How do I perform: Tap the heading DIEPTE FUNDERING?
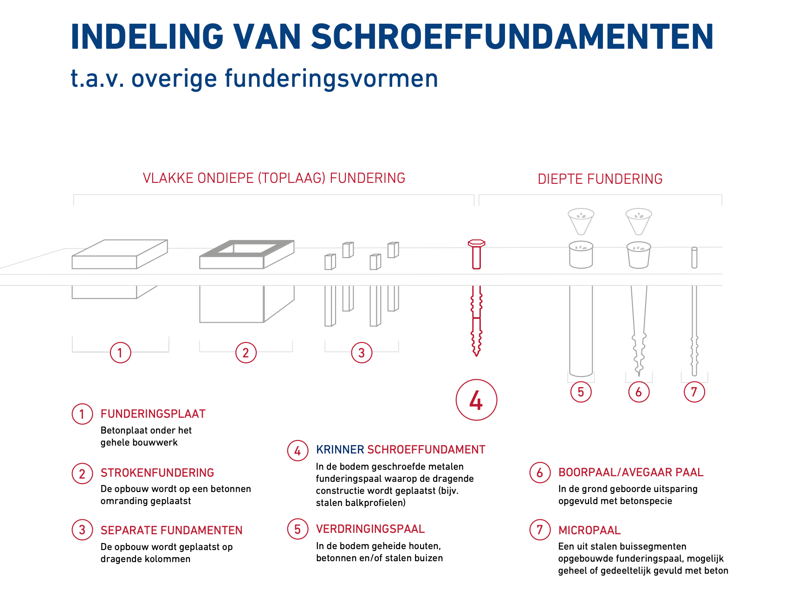click(x=600, y=179)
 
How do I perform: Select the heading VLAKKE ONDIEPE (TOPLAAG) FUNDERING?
click(x=274, y=178)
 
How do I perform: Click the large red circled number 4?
click(x=476, y=400)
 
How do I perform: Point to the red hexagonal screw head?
click(x=476, y=243)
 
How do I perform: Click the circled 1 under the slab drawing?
click(x=120, y=353)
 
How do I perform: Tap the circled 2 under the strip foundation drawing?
click(x=246, y=353)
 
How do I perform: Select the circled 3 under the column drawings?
click(x=362, y=353)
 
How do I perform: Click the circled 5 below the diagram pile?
click(x=581, y=392)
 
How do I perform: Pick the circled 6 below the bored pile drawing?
click(x=639, y=392)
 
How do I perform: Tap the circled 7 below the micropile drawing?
click(x=694, y=392)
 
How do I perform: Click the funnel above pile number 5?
click(x=581, y=221)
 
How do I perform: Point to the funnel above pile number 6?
click(x=639, y=221)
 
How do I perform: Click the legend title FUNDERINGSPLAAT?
click(x=153, y=414)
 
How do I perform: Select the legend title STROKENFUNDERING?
click(x=157, y=473)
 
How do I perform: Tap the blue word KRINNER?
click(x=340, y=450)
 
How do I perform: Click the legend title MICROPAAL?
click(x=589, y=531)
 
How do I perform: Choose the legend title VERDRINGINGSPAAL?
click(x=370, y=529)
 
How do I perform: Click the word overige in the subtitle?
click(x=174, y=78)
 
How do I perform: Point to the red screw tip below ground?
click(x=476, y=350)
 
